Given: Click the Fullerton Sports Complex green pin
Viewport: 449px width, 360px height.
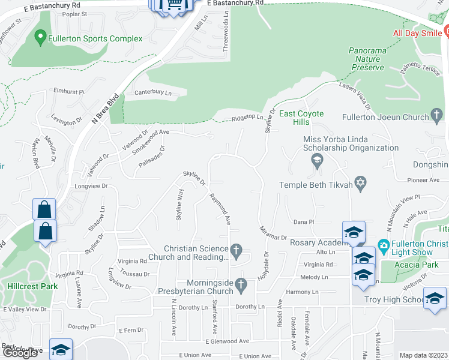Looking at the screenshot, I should tap(41, 38).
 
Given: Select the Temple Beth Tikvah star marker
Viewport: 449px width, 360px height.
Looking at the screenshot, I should tap(360, 185).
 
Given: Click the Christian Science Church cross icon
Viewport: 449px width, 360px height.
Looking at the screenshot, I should tap(237, 249).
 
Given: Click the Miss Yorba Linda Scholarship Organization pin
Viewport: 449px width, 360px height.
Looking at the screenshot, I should tap(316, 160).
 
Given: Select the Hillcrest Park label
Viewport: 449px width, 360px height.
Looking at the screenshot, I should tap(32, 286).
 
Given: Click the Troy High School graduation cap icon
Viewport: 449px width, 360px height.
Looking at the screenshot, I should tap(435, 299).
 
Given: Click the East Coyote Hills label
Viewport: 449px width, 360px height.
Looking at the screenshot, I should tap(301, 118).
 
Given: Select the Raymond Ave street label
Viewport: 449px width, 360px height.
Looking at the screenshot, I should tap(220, 209).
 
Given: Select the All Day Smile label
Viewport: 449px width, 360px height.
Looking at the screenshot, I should tap(417, 33).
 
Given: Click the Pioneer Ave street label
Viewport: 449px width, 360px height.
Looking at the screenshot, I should tap(423, 180).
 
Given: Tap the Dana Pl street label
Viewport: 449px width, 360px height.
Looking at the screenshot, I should tap(304, 222).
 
